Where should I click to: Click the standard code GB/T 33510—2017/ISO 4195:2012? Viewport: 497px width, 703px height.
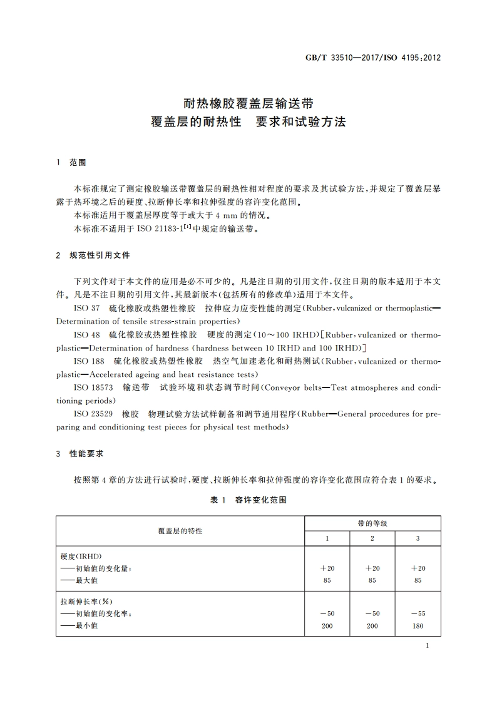372,58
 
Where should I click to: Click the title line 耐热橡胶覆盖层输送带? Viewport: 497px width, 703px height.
248,102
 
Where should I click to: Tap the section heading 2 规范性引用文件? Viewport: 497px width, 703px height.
93,255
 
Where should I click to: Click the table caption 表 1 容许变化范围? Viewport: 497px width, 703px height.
248,500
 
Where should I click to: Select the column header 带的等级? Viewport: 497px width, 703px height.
372,523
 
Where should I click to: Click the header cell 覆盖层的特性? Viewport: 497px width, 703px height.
180,531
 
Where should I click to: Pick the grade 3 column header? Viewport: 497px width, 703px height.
418,538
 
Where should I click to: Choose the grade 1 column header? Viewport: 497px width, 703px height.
327,538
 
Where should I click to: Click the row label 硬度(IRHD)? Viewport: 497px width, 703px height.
81,556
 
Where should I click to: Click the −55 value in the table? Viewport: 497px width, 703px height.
418,613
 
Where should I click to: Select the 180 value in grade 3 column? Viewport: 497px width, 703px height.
418,626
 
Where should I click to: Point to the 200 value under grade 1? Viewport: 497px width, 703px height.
327,626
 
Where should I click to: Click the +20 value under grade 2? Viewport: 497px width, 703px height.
372,568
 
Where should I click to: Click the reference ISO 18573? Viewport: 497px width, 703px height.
93,387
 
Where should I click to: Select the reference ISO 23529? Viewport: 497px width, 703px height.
93,414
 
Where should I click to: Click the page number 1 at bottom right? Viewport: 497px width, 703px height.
426,645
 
